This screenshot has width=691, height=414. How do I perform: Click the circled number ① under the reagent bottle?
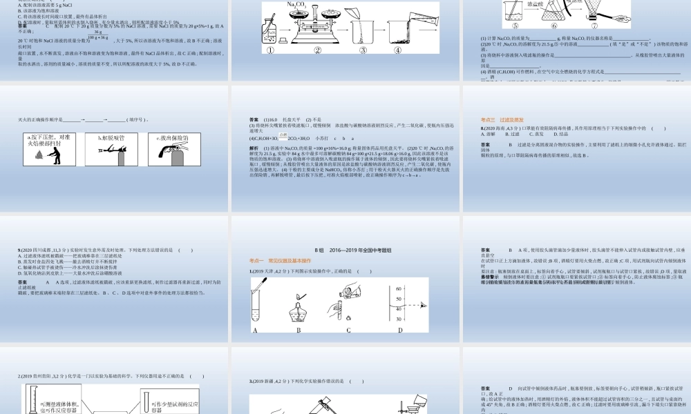coord(270,50)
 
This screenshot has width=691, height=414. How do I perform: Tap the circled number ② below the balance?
coord(318,50)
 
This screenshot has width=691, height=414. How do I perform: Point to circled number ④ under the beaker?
coord(397,50)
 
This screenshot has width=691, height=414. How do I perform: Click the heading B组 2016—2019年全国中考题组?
coord(345,250)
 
